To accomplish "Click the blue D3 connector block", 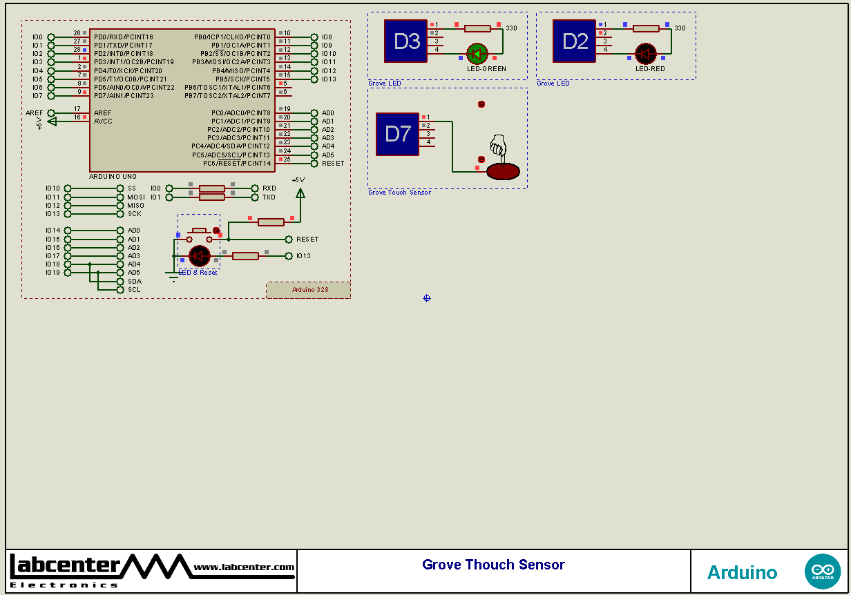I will (406, 41).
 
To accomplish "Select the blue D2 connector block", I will (575, 41).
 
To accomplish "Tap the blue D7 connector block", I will (397, 134).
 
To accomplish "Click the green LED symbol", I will (477, 54).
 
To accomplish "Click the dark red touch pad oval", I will (503, 171).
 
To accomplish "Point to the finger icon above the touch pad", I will (498, 146).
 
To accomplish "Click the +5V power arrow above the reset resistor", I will (300, 193).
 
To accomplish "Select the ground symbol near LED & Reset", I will (172, 275).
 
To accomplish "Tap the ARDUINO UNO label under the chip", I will (113, 177).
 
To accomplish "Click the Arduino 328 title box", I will (309, 290).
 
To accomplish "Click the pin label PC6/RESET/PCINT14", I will (237, 163).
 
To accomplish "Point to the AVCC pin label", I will (103, 121).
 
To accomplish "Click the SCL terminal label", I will (134, 289).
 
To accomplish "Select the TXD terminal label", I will (269, 197).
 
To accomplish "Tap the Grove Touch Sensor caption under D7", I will (399, 193).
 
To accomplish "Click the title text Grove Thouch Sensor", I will (493, 565).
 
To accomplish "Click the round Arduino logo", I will (822, 571).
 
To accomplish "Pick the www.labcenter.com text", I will (244, 567).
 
